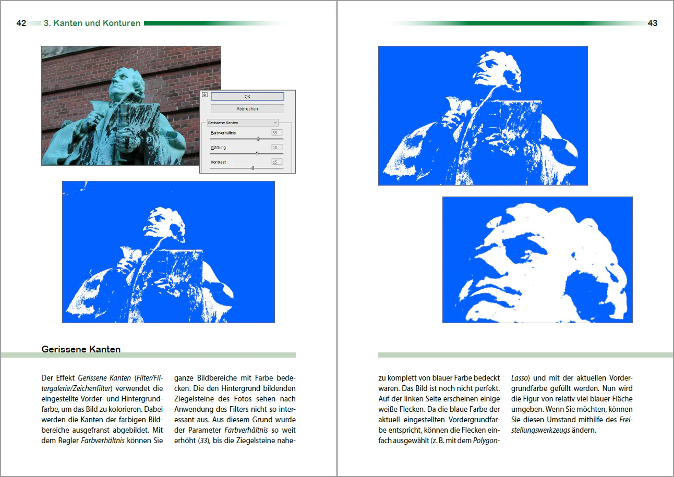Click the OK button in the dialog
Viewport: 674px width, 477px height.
(x=247, y=96)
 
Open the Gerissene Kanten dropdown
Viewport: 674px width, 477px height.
(x=243, y=123)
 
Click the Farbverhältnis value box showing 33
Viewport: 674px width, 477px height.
(x=276, y=132)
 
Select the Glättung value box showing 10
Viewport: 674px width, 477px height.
(x=276, y=148)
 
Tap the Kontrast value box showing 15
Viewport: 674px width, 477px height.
(x=276, y=162)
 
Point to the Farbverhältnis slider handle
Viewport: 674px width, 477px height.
(x=258, y=139)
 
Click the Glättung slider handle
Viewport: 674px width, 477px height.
(x=257, y=153)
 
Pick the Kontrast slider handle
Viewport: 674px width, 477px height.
(x=252, y=168)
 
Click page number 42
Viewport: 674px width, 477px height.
(x=21, y=23)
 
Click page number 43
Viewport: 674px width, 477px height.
(x=652, y=23)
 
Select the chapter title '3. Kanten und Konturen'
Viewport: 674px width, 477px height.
(x=92, y=23)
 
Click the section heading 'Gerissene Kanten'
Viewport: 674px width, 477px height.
(x=81, y=349)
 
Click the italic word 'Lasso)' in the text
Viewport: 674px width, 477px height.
(x=520, y=378)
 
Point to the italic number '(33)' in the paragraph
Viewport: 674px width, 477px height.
(x=204, y=441)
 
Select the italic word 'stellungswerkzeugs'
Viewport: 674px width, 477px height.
(x=540, y=431)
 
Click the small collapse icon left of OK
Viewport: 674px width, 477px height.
(x=204, y=95)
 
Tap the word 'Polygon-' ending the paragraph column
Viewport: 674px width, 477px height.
(x=486, y=441)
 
